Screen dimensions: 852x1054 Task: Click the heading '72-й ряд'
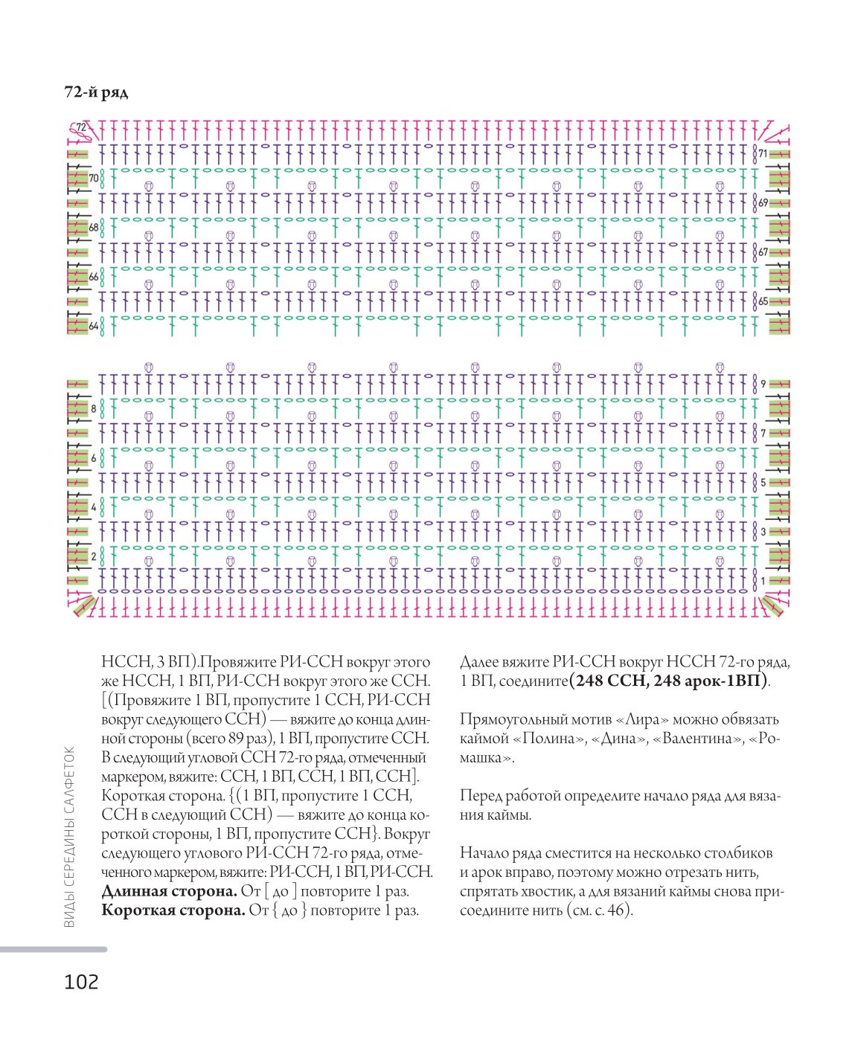click(x=96, y=92)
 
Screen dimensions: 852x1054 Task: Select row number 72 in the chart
click(x=80, y=127)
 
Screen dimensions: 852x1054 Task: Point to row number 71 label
click(x=763, y=153)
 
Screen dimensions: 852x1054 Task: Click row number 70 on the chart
click(x=94, y=178)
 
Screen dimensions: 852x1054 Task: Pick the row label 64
click(x=94, y=326)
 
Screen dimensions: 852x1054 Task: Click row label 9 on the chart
click(x=763, y=384)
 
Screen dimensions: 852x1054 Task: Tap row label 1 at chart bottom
click(x=763, y=581)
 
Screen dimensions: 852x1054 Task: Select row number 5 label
click(x=763, y=483)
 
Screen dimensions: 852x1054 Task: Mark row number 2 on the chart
click(x=94, y=556)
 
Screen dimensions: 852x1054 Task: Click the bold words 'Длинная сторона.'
click(x=170, y=891)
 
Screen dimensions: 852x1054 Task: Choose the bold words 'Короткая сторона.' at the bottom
click(x=173, y=910)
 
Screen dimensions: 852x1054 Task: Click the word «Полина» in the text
click(x=548, y=739)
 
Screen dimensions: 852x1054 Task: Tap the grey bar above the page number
click(x=54, y=950)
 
